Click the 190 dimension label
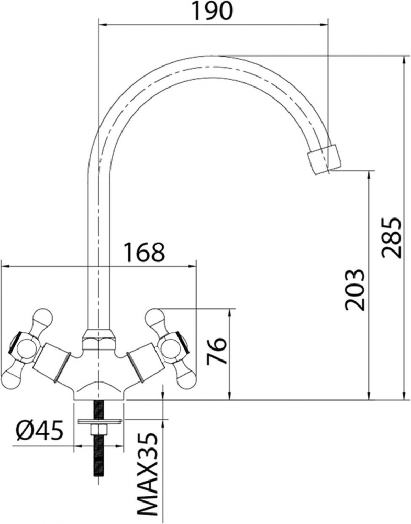tap(212, 11)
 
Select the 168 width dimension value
tap(145, 253)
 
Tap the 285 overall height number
tap(390, 237)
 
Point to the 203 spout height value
tap(354, 289)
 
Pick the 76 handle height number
tap(216, 351)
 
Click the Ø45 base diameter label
tap(40, 431)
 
